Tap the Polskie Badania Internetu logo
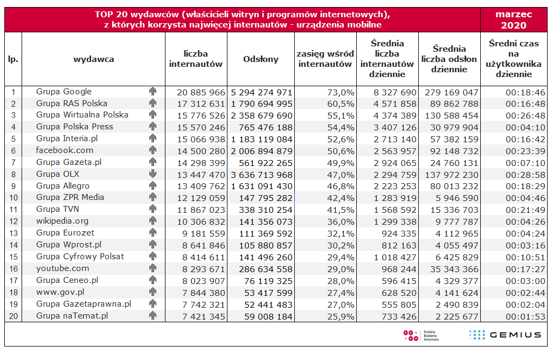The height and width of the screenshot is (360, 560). click(421, 335)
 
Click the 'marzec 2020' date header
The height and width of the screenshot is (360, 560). click(514, 19)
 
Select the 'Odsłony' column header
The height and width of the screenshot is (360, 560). click(261, 59)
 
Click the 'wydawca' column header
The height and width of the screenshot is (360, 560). click(94, 59)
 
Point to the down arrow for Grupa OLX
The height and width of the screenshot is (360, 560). click(153, 174)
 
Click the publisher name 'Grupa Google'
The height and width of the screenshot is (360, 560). click(64, 92)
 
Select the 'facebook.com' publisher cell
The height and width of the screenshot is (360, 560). click(65, 150)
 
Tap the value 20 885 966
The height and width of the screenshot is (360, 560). click(201, 93)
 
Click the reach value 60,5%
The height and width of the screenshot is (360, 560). click(341, 104)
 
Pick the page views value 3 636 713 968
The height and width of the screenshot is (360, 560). click(262, 175)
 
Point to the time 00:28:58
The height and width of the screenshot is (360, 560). click(526, 175)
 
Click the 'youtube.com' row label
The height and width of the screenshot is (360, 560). click(63, 268)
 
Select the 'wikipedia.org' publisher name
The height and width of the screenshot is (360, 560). click(62, 221)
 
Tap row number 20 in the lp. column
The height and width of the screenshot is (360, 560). click(13, 316)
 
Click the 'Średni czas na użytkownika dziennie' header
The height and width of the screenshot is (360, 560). click(514, 59)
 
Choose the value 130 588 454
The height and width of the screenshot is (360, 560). click(452, 116)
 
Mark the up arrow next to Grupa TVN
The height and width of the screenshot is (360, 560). click(153, 209)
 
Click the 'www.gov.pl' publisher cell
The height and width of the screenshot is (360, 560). click(60, 292)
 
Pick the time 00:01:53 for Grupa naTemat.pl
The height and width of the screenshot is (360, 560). click(526, 316)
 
